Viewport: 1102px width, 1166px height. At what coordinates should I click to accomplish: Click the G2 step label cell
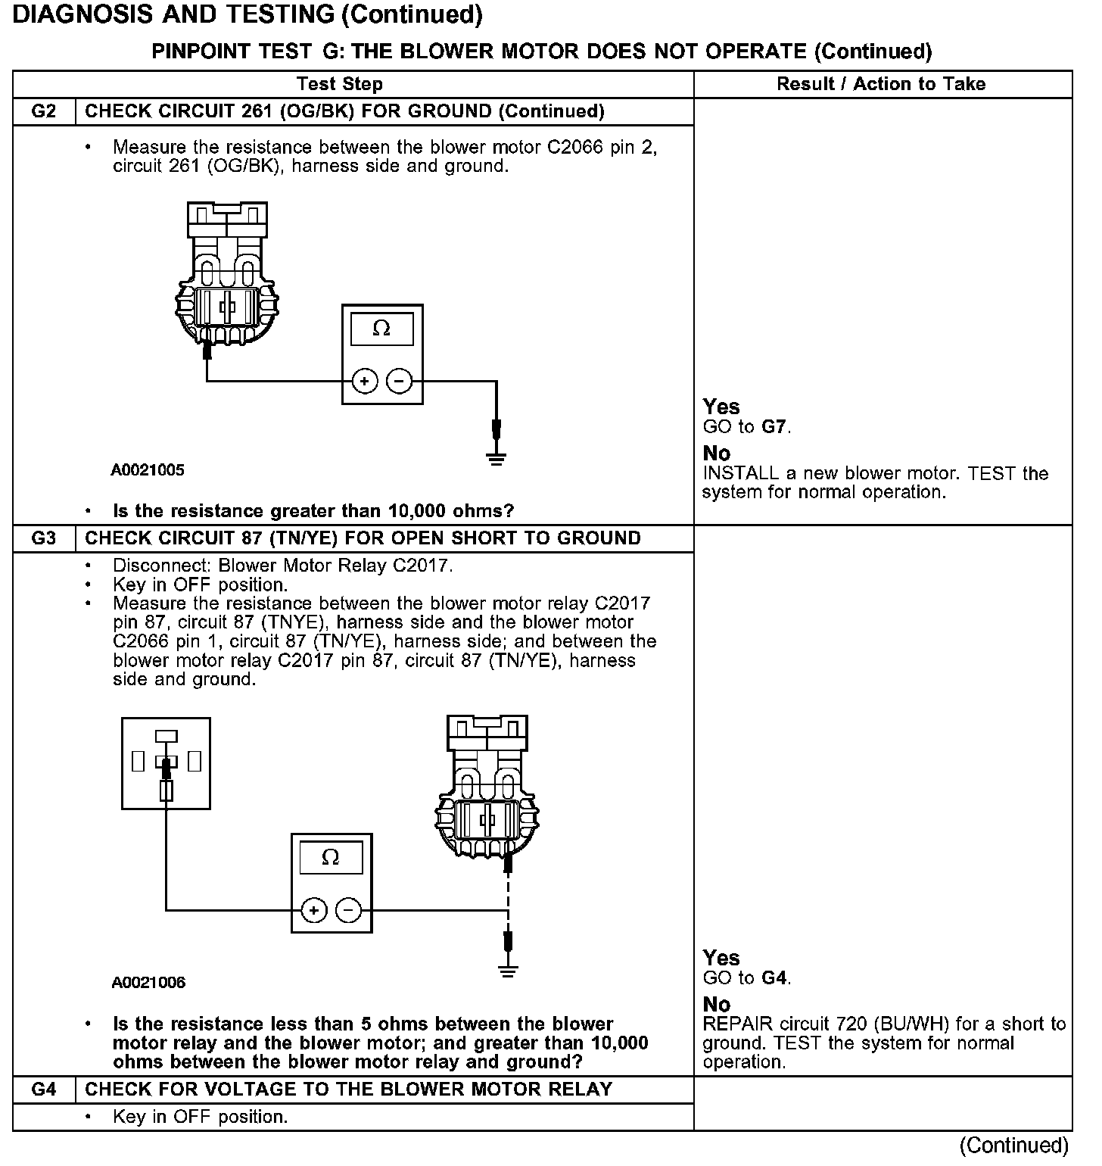point(44,112)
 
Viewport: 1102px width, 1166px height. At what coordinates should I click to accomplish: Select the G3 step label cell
point(44,539)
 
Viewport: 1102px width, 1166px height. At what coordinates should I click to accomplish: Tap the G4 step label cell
point(44,1090)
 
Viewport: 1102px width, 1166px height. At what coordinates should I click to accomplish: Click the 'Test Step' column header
point(340,84)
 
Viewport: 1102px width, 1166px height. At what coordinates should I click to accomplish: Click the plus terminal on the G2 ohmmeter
point(365,381)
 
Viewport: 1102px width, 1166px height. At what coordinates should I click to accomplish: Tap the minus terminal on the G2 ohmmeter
point(400,381)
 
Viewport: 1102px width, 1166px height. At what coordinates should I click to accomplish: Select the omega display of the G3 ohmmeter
point(331,858)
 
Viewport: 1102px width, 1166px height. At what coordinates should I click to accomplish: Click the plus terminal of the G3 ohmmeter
point(314,910)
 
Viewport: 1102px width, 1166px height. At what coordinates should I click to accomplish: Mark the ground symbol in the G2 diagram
point(496,457)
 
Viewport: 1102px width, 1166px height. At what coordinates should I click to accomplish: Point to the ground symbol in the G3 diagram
point(508,971)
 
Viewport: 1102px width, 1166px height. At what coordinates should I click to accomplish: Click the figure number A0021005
point(148,470)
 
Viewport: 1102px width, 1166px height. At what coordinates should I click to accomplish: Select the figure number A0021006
point(148,983)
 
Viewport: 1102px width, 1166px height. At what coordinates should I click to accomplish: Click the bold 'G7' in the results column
point(774,427)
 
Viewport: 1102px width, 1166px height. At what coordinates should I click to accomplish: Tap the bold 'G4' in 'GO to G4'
point(774,978)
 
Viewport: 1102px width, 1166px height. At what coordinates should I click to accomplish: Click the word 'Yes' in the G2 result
point(721,407)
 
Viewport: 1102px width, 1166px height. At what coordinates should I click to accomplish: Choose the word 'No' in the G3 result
point(717,1005)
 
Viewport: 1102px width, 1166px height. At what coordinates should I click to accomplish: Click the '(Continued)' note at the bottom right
point(1014,1145)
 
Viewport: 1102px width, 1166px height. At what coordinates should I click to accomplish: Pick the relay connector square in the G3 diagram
point(166,764)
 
